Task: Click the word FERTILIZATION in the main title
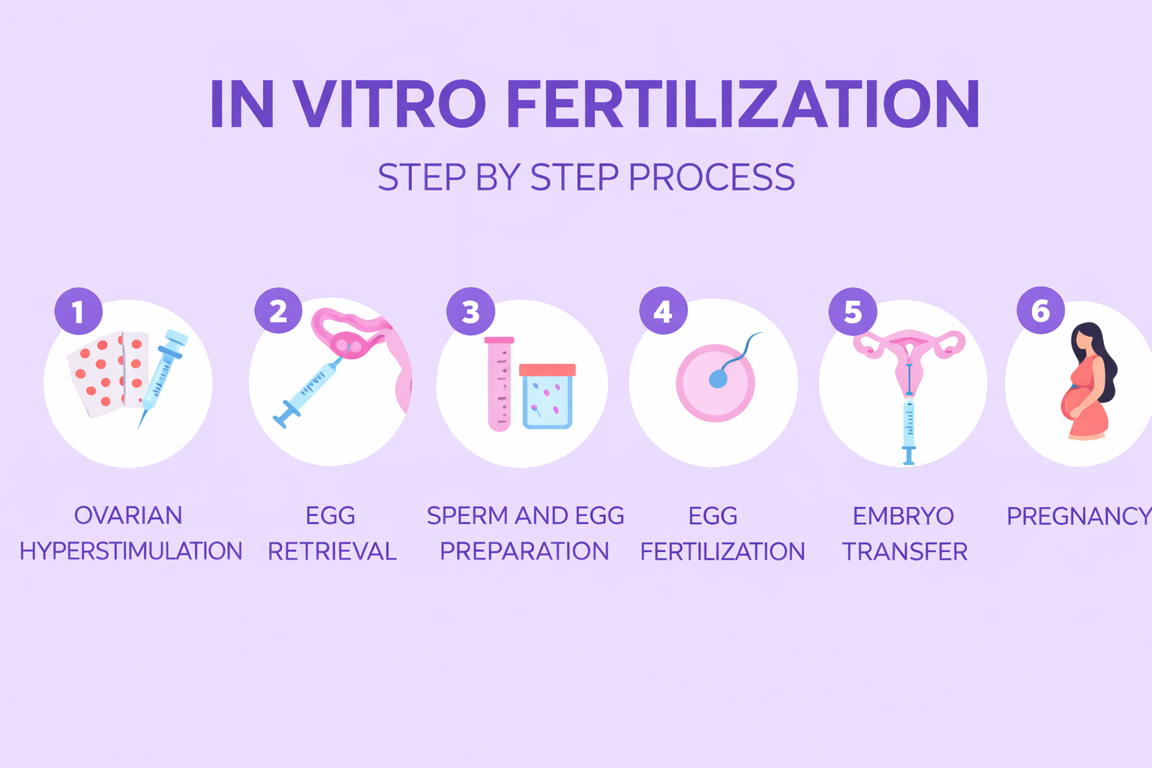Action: click(x=743, y=103)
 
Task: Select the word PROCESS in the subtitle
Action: click(x=712, y=177)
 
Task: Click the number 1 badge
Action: click(x=79, y=311)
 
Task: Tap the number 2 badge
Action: click(x=278, y=310)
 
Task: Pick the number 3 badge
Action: click(x=470, y=311)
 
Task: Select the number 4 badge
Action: click(x=664, y=310)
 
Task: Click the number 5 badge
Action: click(x=853, y=311)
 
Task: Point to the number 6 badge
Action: click(x=1041, y=310)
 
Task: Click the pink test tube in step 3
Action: click(x=499, y=384)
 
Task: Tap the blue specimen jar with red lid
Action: click(x=547, y=396)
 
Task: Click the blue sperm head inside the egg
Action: click(x=718, y=379)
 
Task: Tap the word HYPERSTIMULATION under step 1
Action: click(x=131, y=551)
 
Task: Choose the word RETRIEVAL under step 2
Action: click(x=332, y=551)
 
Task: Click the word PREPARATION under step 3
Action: click(x=524, y=551)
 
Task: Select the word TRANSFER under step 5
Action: click(x=904, y=551)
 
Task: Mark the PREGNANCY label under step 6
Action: click(x=1079, y=516)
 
